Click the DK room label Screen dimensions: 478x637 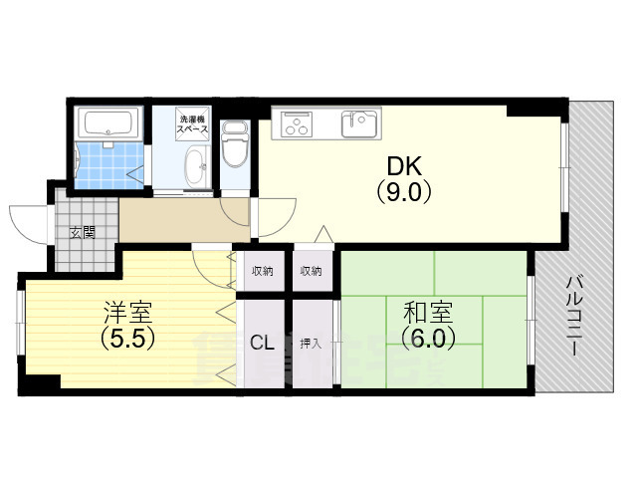tap(403, 166)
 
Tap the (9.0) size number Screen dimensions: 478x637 tap(403, 191)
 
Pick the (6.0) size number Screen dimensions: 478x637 tap(429, 339)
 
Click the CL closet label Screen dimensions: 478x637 tap(263, 345)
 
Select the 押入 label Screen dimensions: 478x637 tap(311, 345)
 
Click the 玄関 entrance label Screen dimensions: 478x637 tap(83, 233)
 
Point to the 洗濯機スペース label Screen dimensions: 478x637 tap(193, 122)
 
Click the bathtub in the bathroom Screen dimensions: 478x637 tap(109, 123)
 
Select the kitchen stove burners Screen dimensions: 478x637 tap(297, 123)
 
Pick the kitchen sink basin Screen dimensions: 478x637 tap(360, 124)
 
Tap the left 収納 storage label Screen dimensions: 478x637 tap(263, 271)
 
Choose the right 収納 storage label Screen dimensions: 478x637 tap(310, 271)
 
